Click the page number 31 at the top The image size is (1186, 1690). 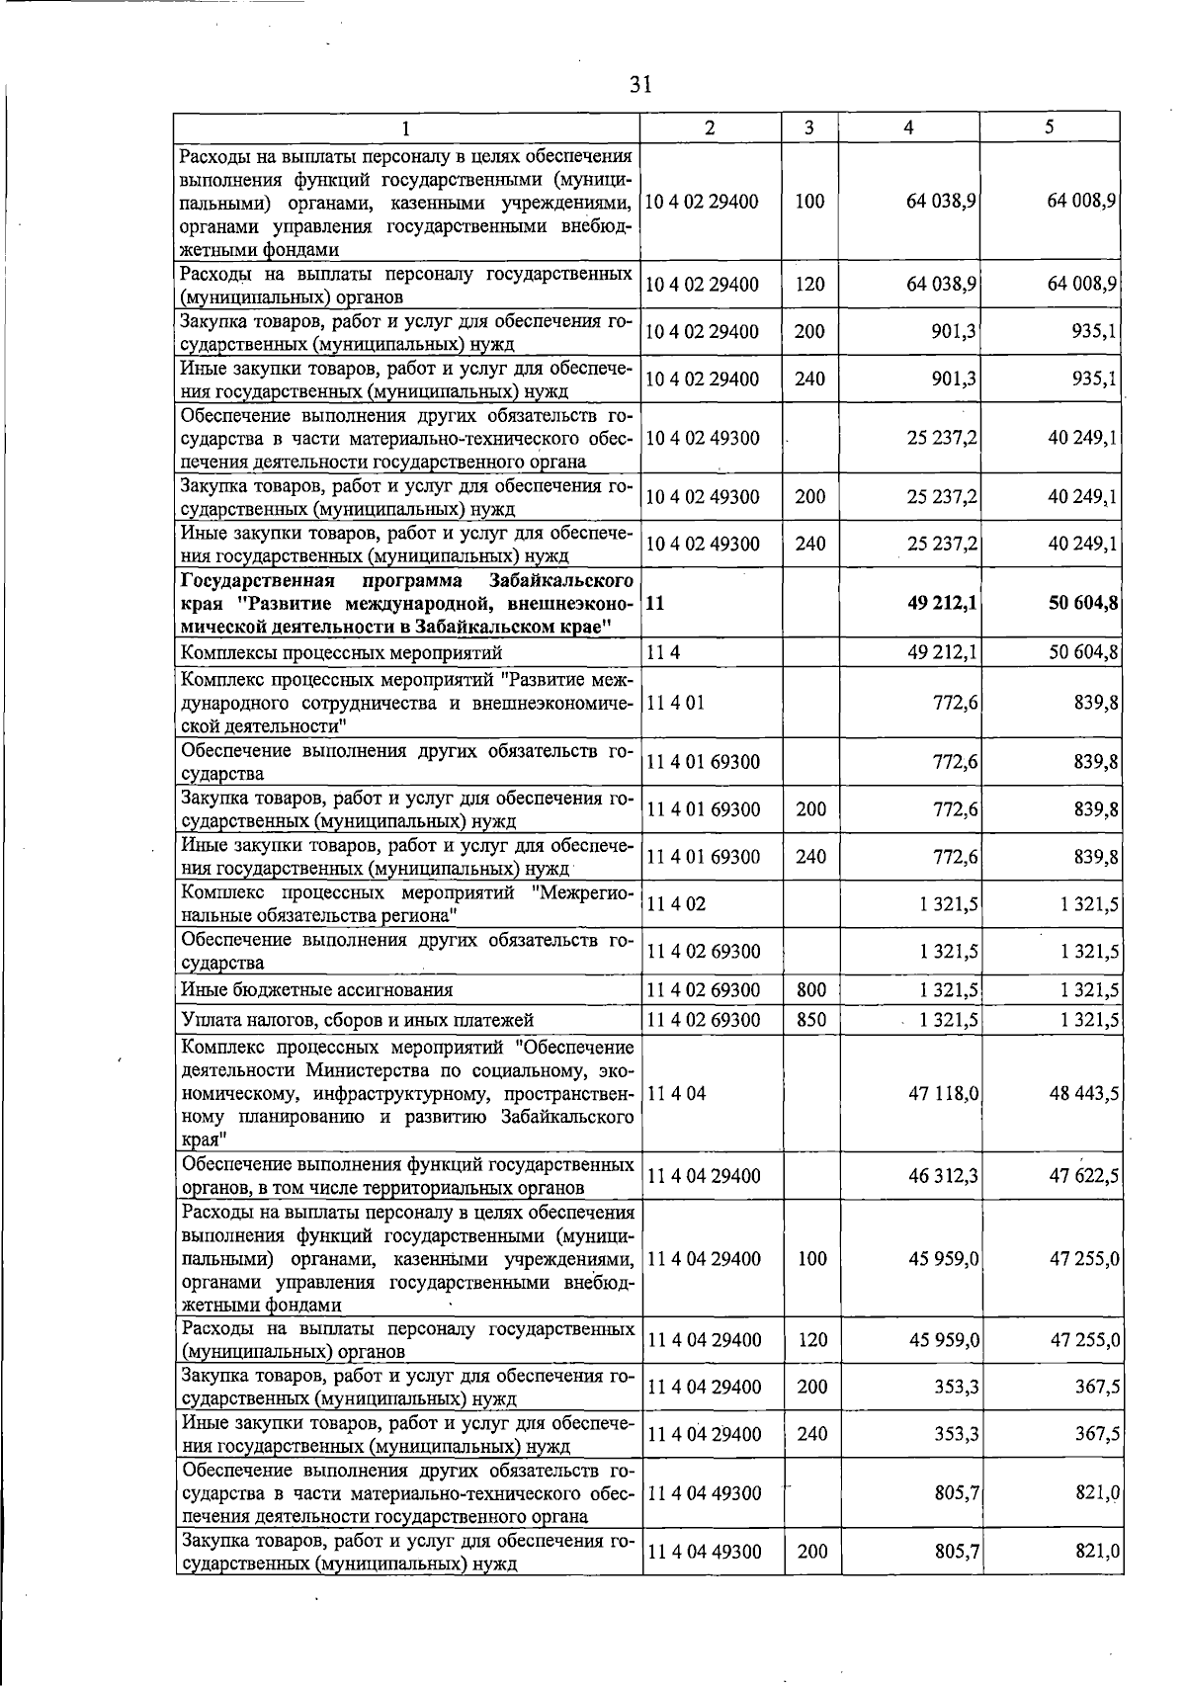coord(640,85)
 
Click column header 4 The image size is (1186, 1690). coord(908,127)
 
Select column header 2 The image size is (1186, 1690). coord(710,127)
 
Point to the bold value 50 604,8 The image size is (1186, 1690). coord(1083,602)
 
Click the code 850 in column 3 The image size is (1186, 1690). coord(811,1020)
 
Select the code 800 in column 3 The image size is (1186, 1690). coord(811,990)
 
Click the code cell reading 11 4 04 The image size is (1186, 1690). coord(676,1093)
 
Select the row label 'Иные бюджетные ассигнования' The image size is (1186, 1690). coord(316,990)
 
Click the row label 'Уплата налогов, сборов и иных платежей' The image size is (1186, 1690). coord(357,1020)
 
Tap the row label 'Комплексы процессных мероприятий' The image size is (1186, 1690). coord(341,653)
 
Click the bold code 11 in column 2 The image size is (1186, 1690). coord(654,602)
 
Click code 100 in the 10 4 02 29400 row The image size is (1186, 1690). coord(809,202)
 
